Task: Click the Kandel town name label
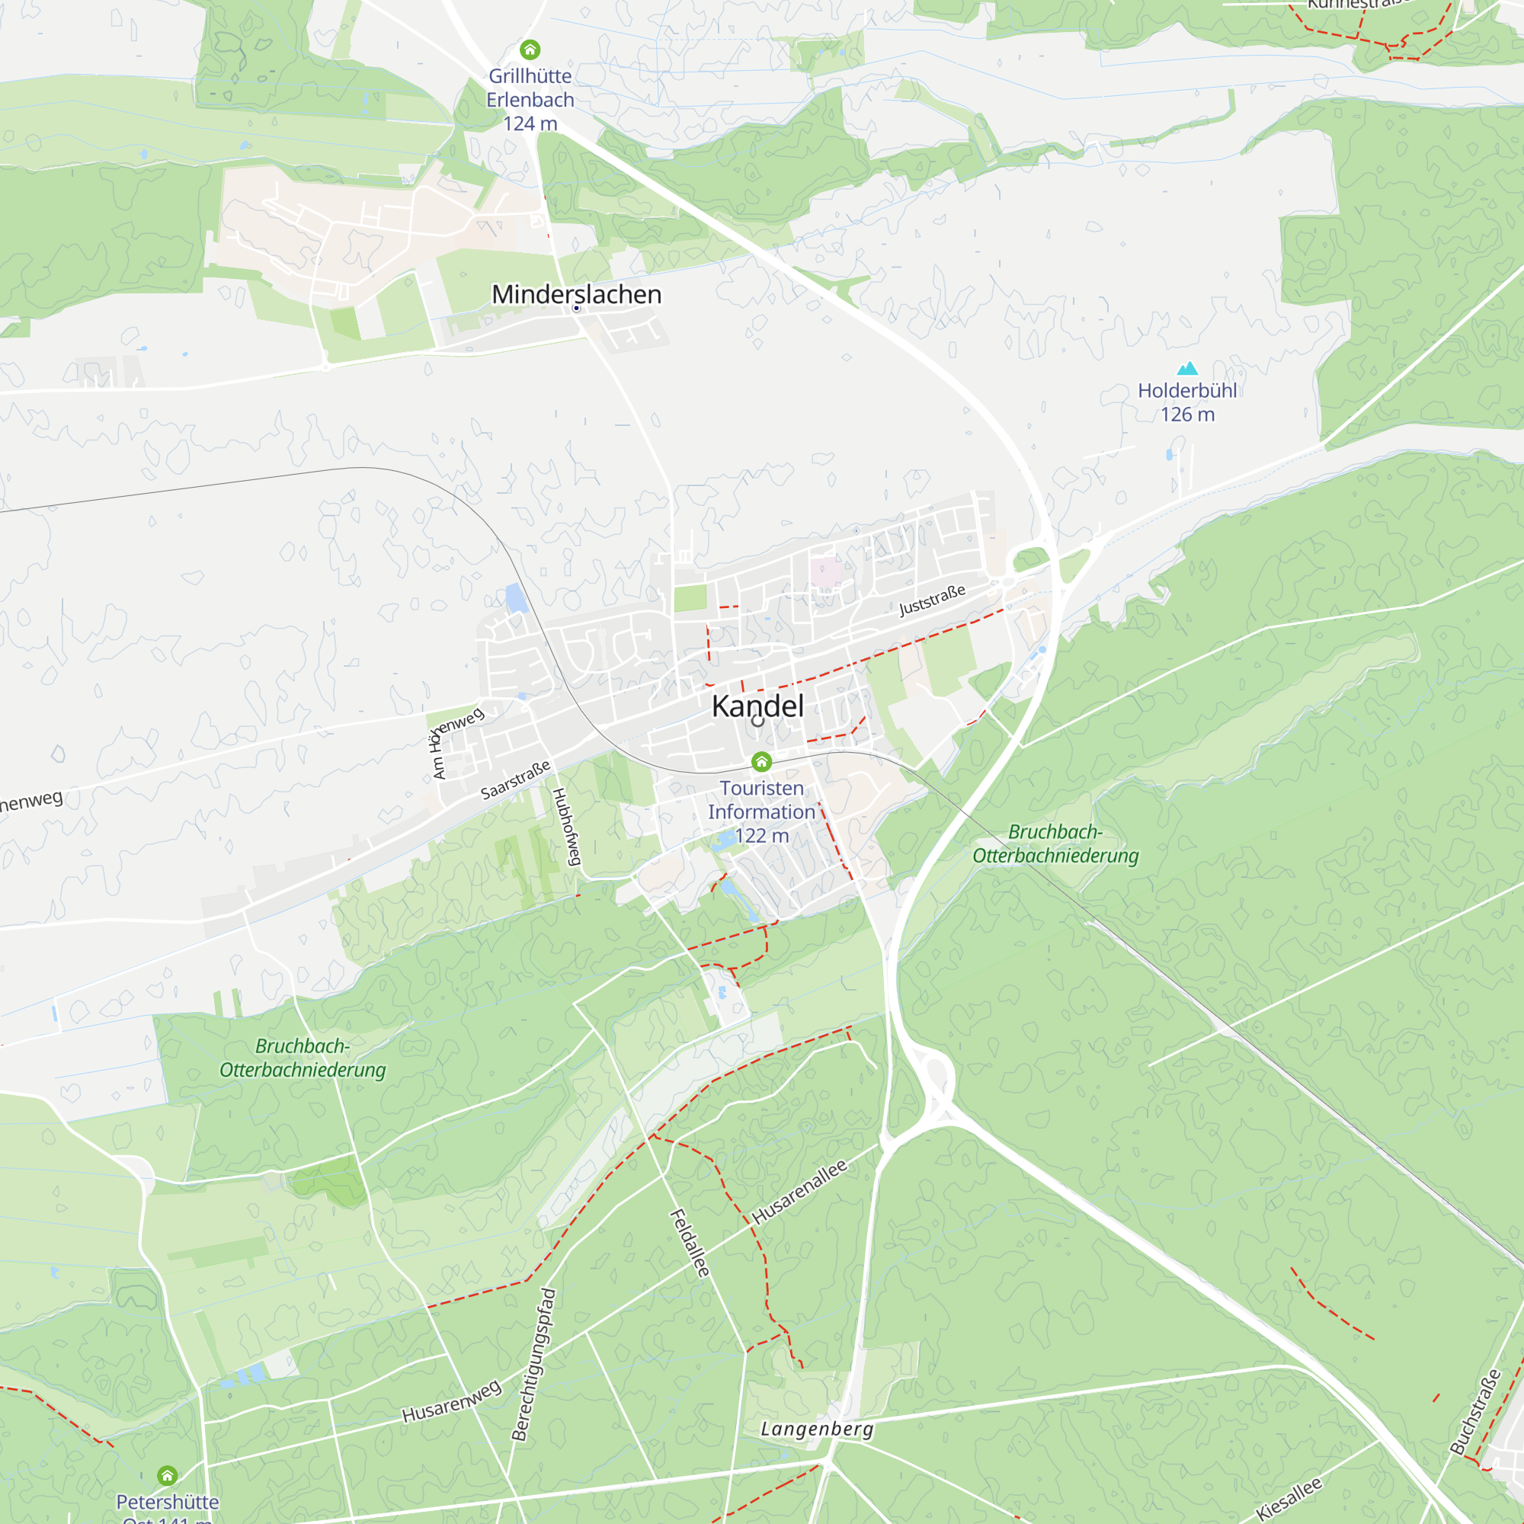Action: coord(757,706)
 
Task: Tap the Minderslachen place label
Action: coord(577,294)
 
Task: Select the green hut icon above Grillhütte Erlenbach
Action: coord(530,50)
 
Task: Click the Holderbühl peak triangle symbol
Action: coord(1187,368)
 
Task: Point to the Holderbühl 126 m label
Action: coord(1187,402)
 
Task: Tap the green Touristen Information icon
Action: coord(761,761)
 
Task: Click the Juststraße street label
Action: coord(933,600)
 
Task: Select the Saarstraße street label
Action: coord(516,780)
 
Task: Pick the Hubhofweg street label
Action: coord(566,826)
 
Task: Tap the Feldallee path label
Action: coord(690,1243)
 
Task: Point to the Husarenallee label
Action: coord(799,1192)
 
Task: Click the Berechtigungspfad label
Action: coord(534,1365)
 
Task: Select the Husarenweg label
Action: coord(451,1402)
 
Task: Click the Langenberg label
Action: coord(817,1429)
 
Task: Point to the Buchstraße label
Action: coord(1475,1412)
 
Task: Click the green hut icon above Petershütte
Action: coord(167,1475)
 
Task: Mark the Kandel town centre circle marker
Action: coord(758,720)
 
